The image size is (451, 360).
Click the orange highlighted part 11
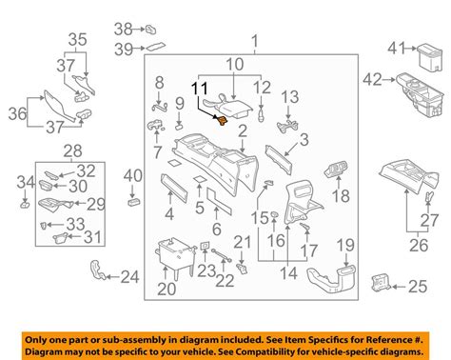coord(223,121)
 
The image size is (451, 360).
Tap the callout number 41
coord(397,49)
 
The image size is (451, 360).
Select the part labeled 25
coord(381,283)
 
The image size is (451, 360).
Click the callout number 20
coord(167,289)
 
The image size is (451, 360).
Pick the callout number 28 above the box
coord(73,150)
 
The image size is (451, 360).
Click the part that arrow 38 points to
coord(150,30)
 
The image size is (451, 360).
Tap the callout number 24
coord(129,277)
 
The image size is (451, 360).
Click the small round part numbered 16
coord(274,217)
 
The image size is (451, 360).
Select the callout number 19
coord(345,245)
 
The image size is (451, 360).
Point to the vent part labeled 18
coord(336,169)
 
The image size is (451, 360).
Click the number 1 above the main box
coord(255,42)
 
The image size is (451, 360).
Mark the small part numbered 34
coord(25,204)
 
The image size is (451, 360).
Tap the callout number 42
coord(372,79)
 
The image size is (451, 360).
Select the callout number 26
coord(419,246)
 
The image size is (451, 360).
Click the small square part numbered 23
coord(206,246)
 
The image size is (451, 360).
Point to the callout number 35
coord(77,40)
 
